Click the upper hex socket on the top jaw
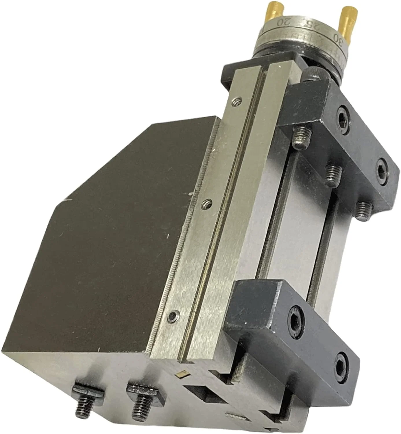[344, 117]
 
